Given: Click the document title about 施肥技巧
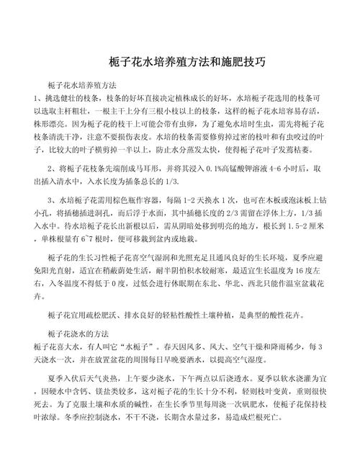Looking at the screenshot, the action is click(180, 60).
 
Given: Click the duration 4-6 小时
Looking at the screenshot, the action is click(267, 167).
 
